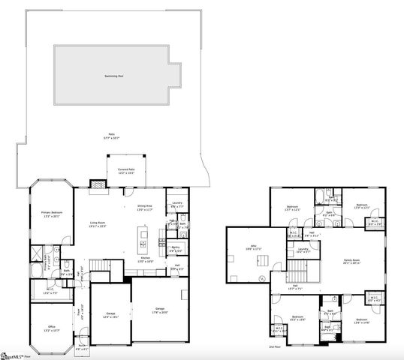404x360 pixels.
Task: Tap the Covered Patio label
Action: [125, 171]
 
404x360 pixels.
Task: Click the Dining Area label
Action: [146, 208]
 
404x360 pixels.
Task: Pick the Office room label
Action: [50, 329]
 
